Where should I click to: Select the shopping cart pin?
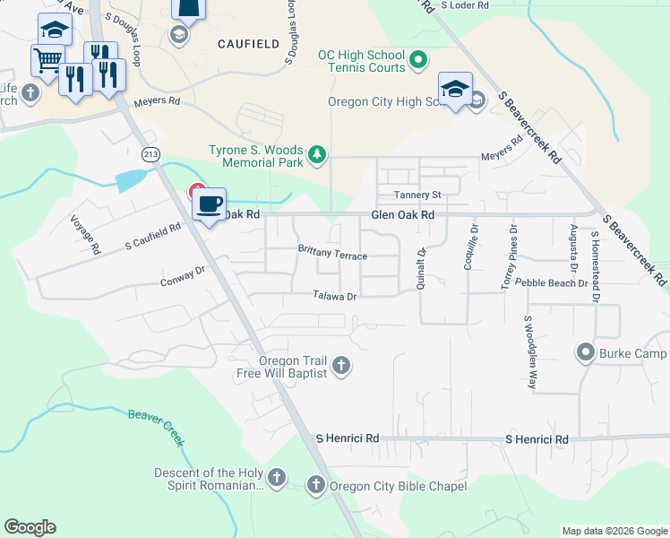47,61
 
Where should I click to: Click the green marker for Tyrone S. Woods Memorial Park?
316,156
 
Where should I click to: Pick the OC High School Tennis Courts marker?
417,62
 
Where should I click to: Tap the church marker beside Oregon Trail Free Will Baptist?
340,365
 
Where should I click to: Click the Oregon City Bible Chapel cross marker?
315,486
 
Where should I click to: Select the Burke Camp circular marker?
586,352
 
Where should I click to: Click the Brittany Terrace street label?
332,254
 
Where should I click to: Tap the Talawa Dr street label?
335,296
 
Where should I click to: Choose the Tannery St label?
418,195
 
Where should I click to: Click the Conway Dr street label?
183,276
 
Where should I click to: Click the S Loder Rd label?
466,5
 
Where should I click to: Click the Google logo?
30,527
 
